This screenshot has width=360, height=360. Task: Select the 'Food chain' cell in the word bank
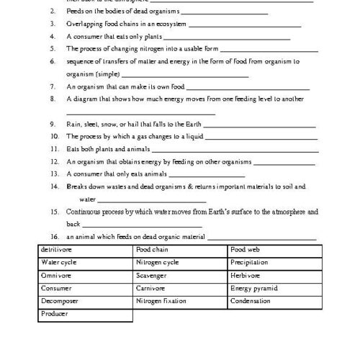(x=179, y=250)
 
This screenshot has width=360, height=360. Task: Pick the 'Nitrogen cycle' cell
(x=179, y=263)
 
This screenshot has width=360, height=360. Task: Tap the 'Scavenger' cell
(x=179, y=276)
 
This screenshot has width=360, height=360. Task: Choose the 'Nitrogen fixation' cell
(x=179, y=302)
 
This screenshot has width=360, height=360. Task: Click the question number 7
(x=53, y=86)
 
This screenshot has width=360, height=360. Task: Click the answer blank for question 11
(x=234, y=150)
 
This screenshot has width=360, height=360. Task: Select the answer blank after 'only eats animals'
(x=206, y=175)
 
